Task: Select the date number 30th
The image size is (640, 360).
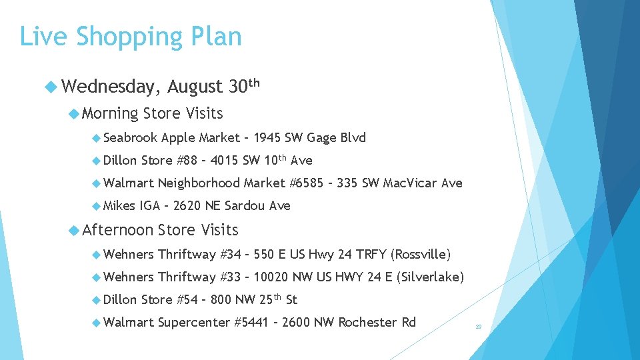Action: coord(243,86)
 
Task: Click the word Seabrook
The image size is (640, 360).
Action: coord(131,138)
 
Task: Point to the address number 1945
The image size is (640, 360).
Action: coord(267,138)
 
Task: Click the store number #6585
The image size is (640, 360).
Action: coord(310,183)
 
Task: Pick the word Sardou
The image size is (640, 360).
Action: coord(245,205)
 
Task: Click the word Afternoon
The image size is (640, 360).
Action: coord(117,230)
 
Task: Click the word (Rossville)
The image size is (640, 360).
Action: coord(421,254)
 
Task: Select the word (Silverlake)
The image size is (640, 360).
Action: coord(429,277)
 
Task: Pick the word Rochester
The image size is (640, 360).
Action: coord(367,323)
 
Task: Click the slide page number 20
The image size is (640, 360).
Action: coord(478,327)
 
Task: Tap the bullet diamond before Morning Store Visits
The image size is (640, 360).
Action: coord(73,113)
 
